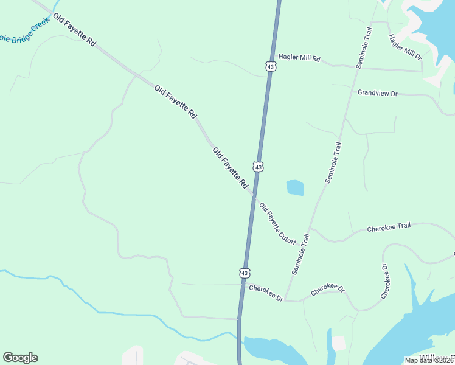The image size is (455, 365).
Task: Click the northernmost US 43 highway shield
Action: [271, 66]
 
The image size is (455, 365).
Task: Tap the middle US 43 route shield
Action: [259, 167]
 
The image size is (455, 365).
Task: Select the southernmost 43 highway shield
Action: [244, 274]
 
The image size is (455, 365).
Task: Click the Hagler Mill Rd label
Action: [299, 58]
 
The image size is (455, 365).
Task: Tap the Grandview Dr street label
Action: [377, 93]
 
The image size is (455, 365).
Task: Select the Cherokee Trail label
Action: [389, 228]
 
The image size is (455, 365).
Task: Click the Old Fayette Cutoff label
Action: [277, 224]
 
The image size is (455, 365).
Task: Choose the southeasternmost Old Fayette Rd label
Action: [231, 167]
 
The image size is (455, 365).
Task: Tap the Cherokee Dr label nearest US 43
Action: [266, 293]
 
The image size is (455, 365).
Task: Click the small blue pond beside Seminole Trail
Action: [294, 187]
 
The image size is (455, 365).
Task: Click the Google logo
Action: [20, 358]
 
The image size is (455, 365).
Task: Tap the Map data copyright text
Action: [429, 360]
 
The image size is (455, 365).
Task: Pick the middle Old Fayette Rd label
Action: [175, 102]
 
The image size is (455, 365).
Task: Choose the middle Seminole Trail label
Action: [334, 162]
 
